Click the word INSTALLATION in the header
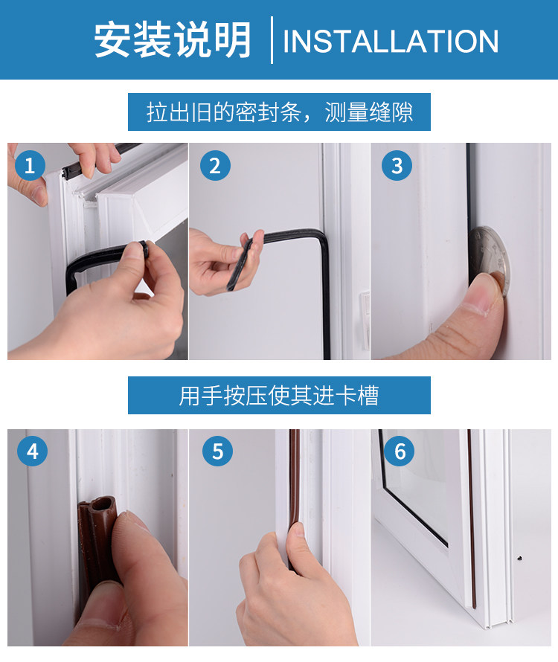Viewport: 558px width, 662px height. tap(391, 41)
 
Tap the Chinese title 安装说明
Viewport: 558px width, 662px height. tap(173, 39)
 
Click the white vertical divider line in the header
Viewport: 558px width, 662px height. tap(272, 40)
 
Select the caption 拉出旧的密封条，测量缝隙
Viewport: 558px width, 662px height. tap(280, 112)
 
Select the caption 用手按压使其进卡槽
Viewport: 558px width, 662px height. tap(279, 396)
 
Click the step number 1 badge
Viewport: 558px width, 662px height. tap(30, 165)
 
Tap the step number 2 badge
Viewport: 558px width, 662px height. tap(215, 165)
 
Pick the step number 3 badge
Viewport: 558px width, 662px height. tap(397, 165)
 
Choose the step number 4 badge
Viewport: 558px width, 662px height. tap(32, 451)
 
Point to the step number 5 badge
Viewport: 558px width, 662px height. tap(217, 451)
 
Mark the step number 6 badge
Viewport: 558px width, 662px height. tap(400, 451)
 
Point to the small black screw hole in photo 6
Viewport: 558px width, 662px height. tap(519, 558)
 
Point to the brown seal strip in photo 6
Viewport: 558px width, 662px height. tap(471, 519)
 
